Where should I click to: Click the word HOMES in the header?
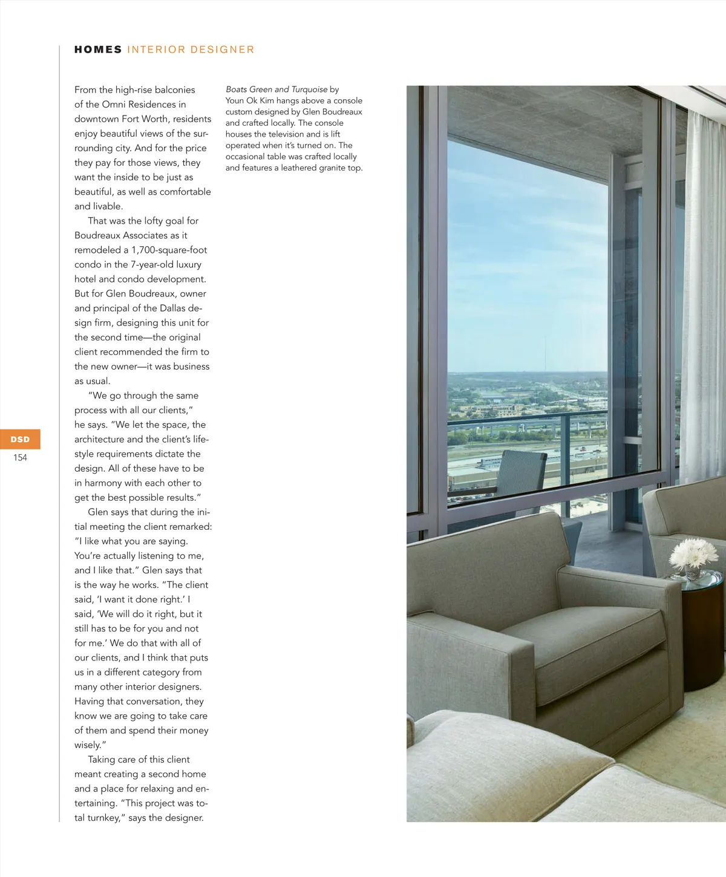[98, 50]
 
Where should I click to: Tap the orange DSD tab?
[20, 439]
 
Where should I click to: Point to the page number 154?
[20, 458]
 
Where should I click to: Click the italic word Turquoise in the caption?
[309, 90]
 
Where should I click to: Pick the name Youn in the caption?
[235, 100]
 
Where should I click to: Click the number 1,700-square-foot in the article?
[169, 250]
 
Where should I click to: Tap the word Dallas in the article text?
[172, 308]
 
